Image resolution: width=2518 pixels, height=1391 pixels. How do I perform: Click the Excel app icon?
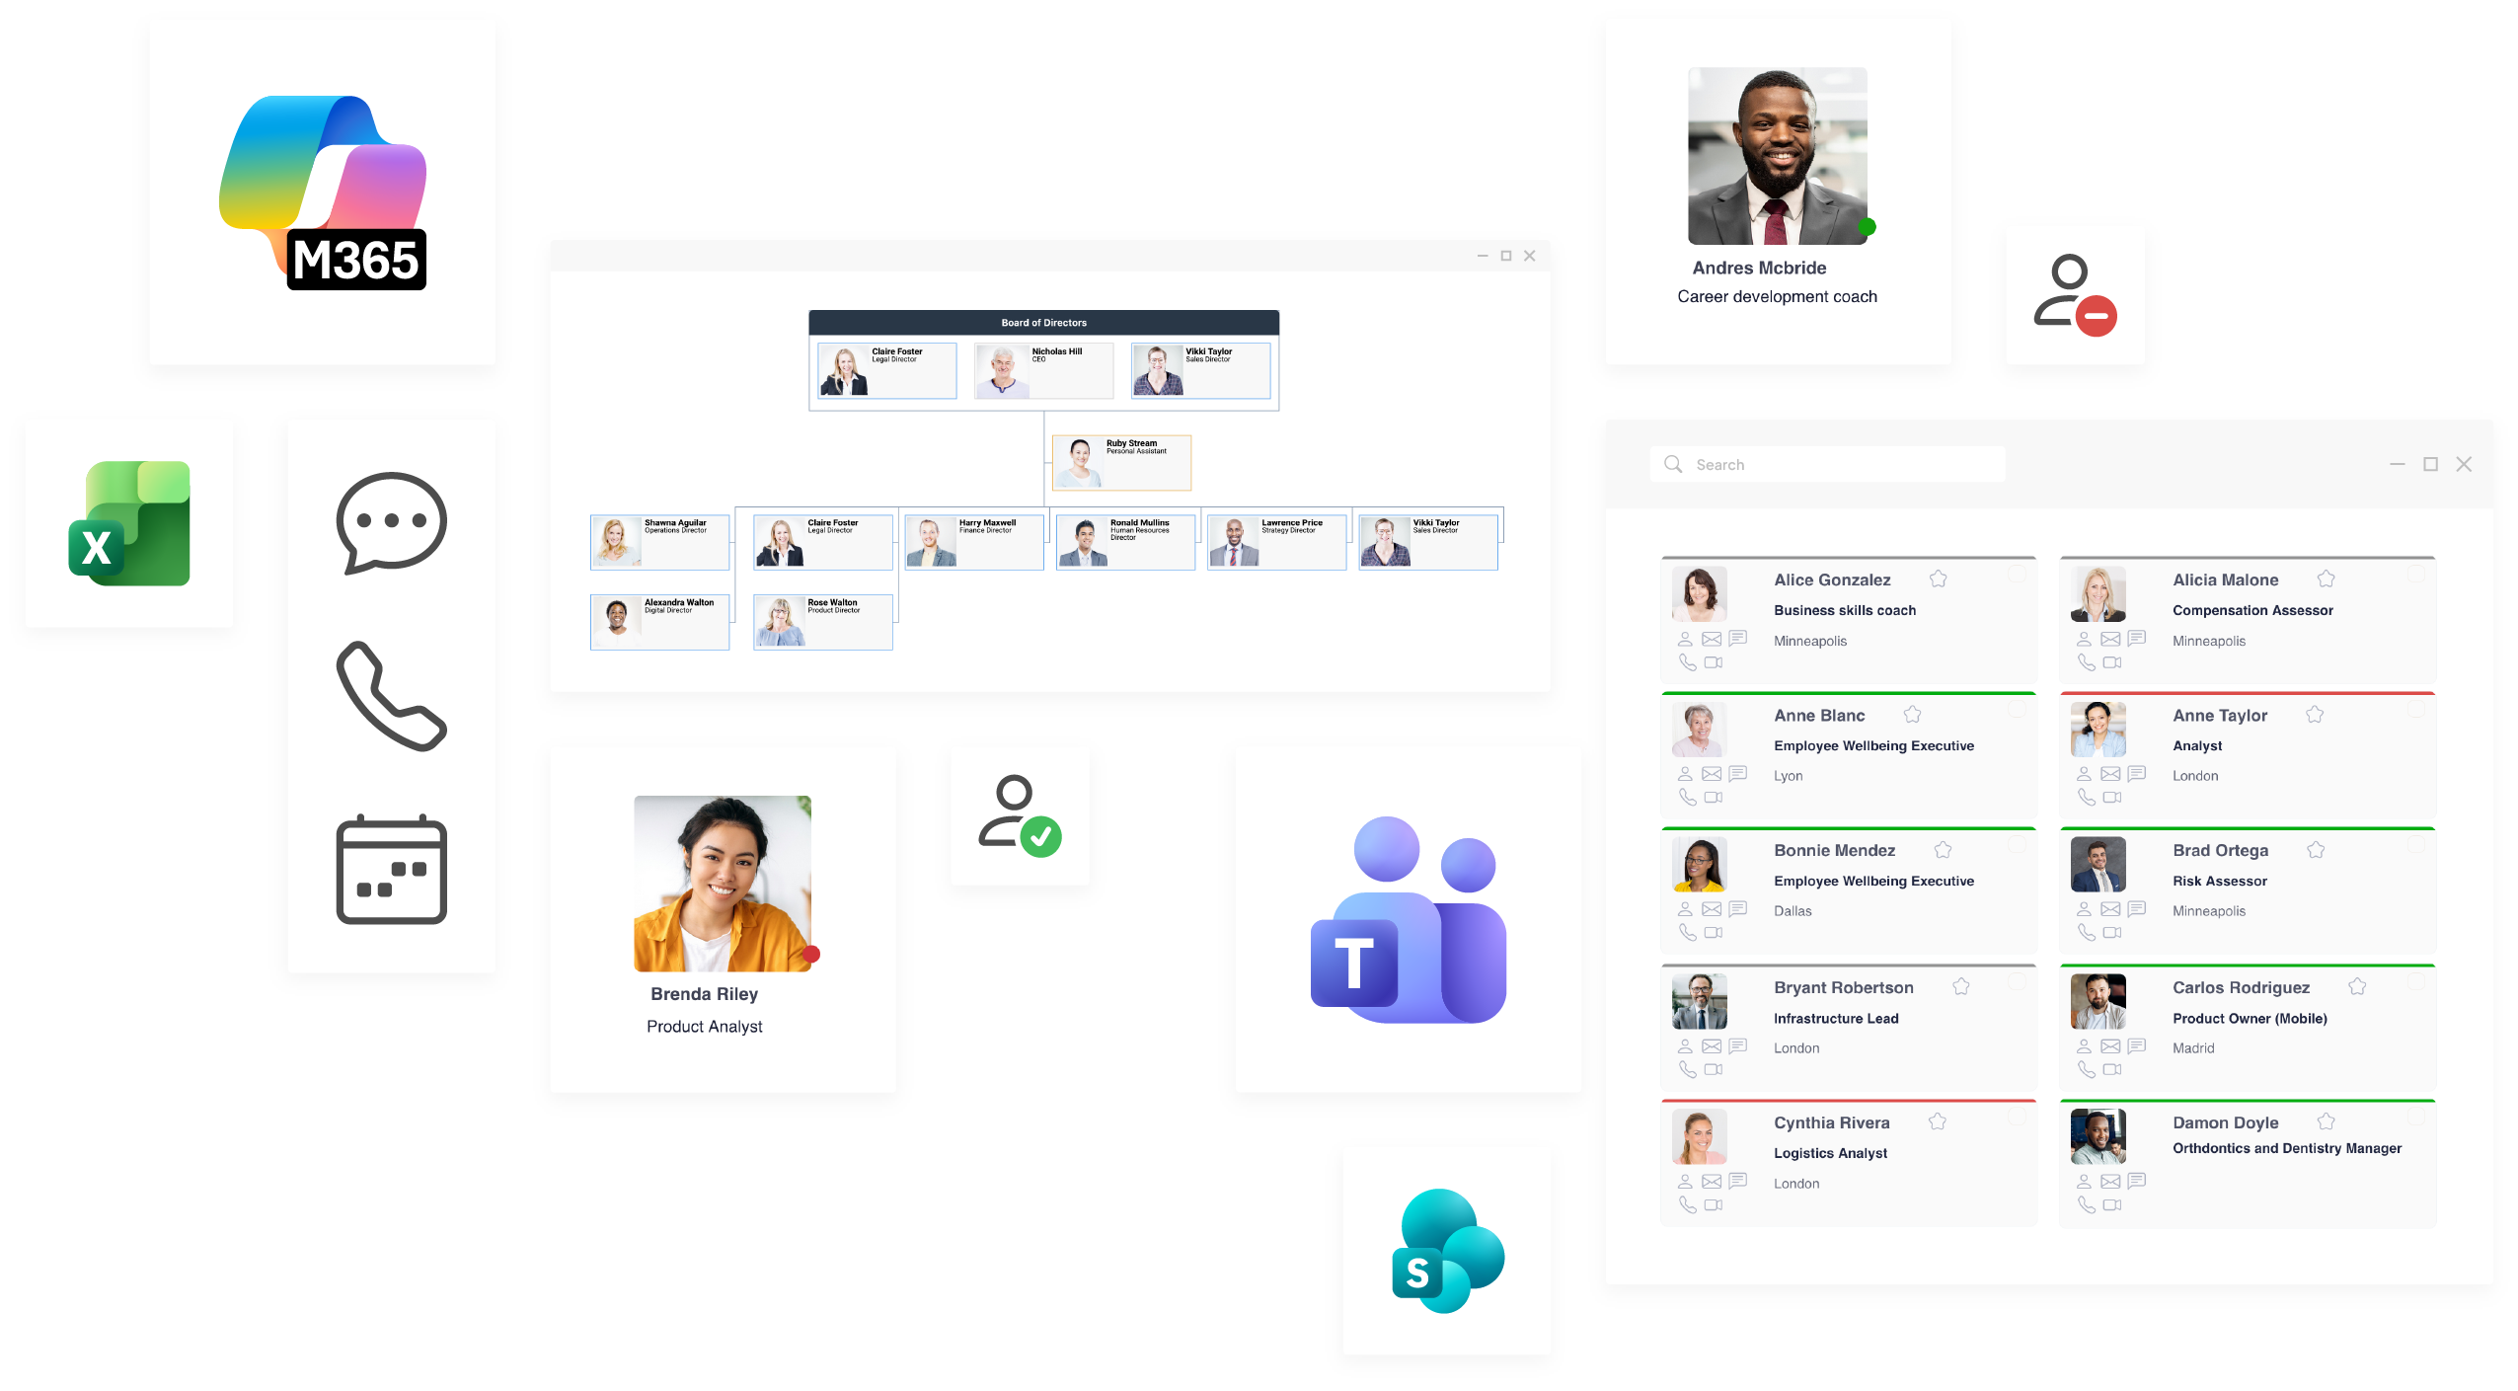click(x=129, y=523)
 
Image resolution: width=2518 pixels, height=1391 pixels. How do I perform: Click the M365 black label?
click(x=356, y=261)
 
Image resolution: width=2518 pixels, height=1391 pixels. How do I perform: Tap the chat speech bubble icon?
click(x=391, y=522)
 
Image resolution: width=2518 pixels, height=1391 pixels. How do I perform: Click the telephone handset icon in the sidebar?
click(x=391, y=696)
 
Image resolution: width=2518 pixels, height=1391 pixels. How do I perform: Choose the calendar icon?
click(x=391, y=870)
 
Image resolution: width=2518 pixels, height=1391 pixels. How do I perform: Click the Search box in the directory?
click(x=1827, y=464)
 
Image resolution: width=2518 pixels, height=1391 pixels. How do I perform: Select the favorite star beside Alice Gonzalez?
click(x=1939, y=580)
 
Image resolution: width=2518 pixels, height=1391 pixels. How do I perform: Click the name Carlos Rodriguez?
click(x=2241, y=987)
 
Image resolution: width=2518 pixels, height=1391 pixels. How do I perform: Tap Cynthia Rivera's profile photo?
click(x=1699, y=1136)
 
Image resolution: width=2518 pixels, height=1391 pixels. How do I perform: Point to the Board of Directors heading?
click(x=1043, y=323)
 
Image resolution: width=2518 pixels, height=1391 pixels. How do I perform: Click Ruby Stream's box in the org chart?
click(x=1121, y=462)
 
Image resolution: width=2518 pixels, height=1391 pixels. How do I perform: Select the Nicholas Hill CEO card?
click(x=1043, y=370)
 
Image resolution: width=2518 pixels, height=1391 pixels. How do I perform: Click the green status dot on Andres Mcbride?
click(x=1867, y=227)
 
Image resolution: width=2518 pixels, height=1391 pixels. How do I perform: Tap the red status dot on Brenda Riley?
click(x=811, y=954)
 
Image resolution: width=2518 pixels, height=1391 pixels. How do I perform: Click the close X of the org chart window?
click(x=1529, y=256)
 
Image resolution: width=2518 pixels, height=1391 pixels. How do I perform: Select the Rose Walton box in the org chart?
click(x=822, y=621)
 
